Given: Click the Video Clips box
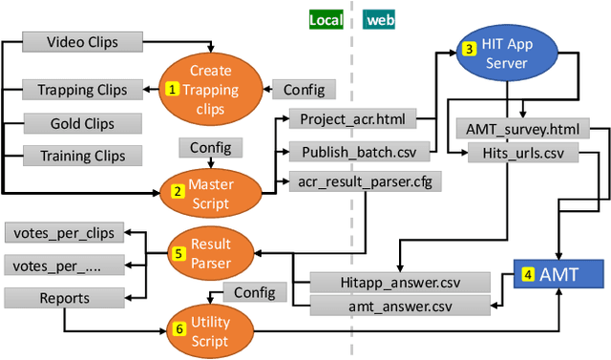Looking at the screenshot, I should click(x=82, y=42).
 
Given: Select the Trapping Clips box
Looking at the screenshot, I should click(x=82, y=90).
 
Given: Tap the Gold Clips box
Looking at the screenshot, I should click(x=82, y=123).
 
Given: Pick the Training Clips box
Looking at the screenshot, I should click(x=82, y=155).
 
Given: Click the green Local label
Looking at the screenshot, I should click(x=326, y=19).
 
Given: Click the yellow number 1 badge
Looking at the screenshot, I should click(x=173, y=89).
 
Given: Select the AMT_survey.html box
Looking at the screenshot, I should click(x=523, y=128).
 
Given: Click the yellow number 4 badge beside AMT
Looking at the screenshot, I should click(x=527, y=274).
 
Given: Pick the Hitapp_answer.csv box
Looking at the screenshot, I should click(x=400, y=282).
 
